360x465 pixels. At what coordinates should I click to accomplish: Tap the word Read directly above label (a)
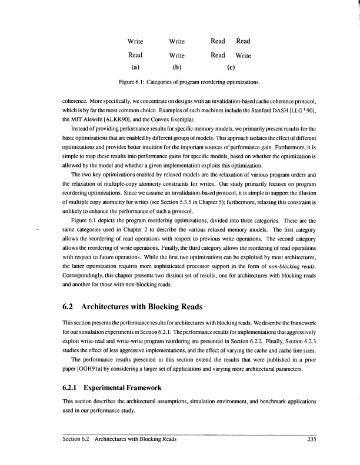point(136,55)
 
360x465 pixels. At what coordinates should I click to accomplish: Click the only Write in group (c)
point(244,56)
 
